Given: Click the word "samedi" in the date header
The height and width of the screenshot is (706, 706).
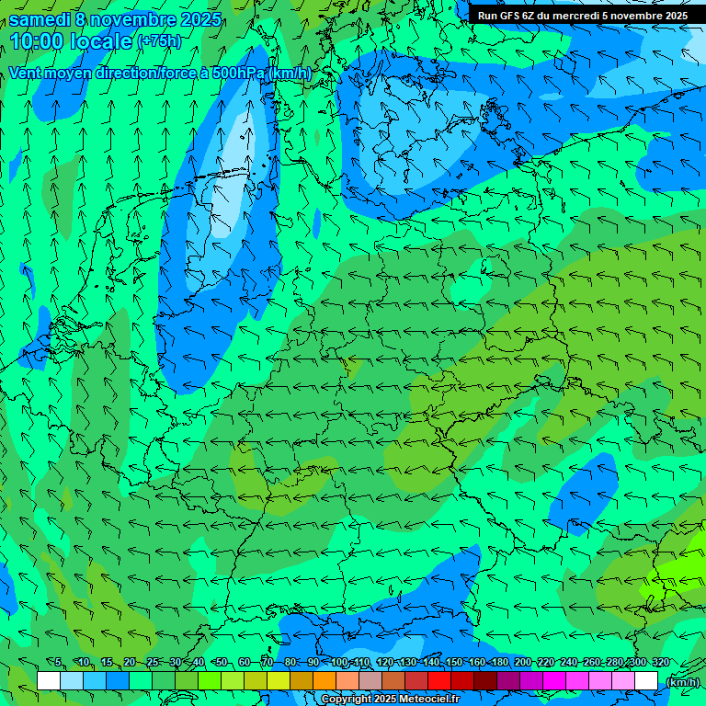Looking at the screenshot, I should point(40,19).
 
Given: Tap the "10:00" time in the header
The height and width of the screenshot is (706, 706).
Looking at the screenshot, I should point(36,41).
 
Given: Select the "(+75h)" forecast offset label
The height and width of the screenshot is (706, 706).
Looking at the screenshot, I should point(159,41).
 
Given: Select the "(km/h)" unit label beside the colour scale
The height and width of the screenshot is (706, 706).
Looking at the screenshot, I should point(681,682).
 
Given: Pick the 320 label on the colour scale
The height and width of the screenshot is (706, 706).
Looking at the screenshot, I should point(660,662).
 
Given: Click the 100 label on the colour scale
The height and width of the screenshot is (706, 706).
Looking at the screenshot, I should point(339,662).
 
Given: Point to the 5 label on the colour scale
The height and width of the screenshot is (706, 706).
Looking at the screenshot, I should point(58,662).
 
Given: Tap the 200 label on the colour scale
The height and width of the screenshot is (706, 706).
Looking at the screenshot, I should point(522,662).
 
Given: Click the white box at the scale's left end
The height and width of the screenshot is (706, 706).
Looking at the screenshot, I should point(49,681).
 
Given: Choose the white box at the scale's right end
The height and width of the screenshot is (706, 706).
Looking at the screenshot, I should point(646,681).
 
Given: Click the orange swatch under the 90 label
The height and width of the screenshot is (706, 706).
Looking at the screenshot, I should point(325,681).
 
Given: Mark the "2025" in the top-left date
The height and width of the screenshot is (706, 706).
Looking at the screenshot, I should point(200,19).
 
